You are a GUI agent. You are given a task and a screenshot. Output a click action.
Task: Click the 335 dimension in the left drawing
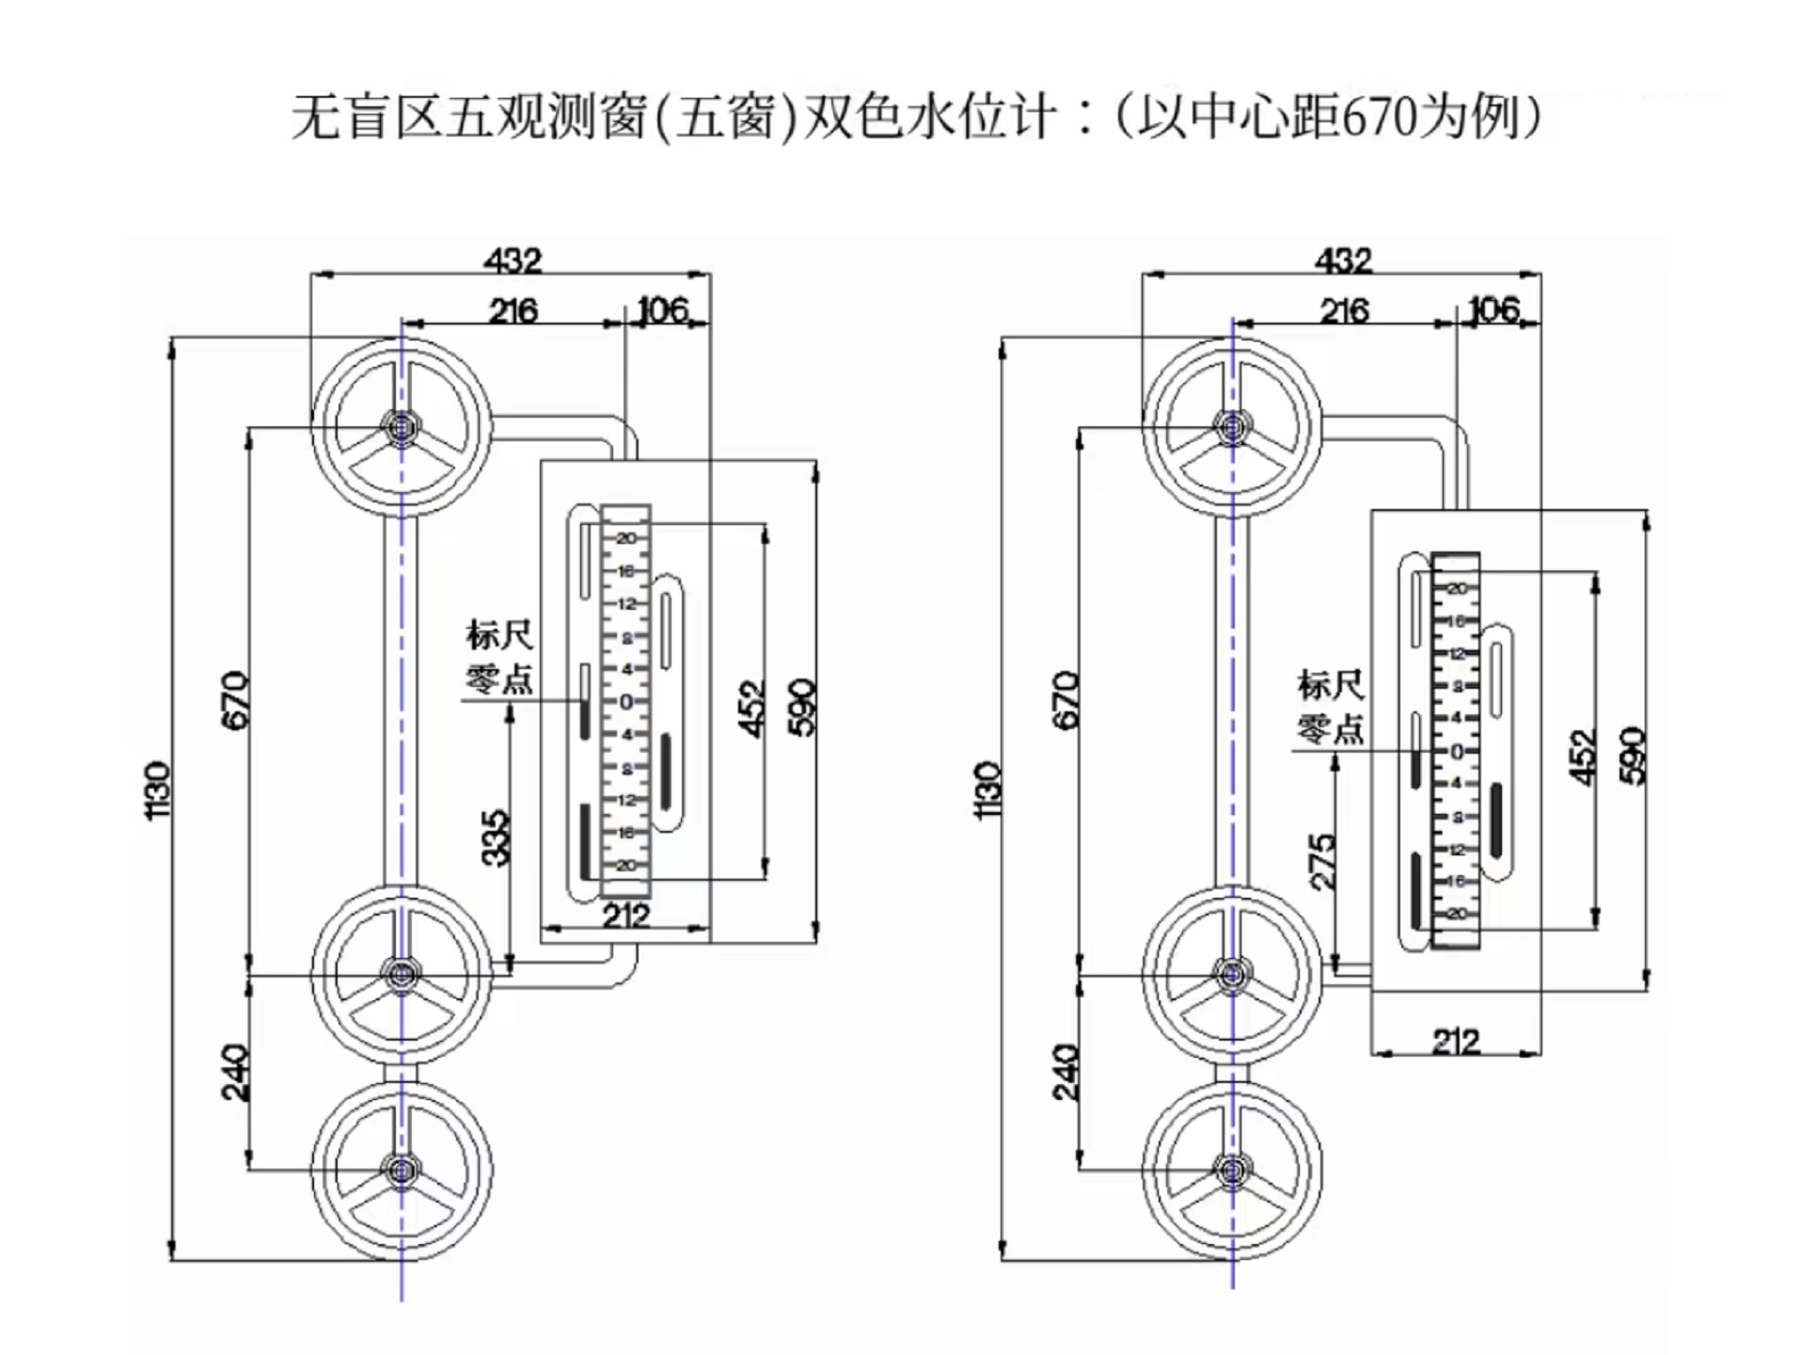pos(496,837)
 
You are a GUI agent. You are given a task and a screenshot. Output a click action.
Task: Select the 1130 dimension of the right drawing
pos(989,790)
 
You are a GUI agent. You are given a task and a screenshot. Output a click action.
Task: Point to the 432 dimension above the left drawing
pos(513,261)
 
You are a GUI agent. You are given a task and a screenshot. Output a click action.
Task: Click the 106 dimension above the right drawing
pos(1493,310)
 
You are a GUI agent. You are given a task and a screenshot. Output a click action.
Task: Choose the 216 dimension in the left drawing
pos(513,311)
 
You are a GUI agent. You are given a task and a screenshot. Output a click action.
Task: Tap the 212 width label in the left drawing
pos(625,915)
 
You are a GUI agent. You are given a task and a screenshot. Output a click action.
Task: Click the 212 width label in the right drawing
pos(1456,1041)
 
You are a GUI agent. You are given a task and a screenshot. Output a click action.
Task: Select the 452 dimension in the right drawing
pos(1585,757)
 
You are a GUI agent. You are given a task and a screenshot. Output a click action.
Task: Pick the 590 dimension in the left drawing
pos(801,706)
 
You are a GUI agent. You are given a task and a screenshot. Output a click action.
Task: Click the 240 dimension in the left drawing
pos(235,1073)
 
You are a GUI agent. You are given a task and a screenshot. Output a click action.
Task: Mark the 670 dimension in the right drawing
pos(1067,699)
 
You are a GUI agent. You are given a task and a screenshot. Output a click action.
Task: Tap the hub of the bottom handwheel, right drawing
pos(1232,1171)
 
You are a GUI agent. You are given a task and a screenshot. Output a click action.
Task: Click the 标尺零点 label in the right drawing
pos(1331,707)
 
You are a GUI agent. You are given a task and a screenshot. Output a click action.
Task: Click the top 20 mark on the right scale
pos(1456,588)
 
